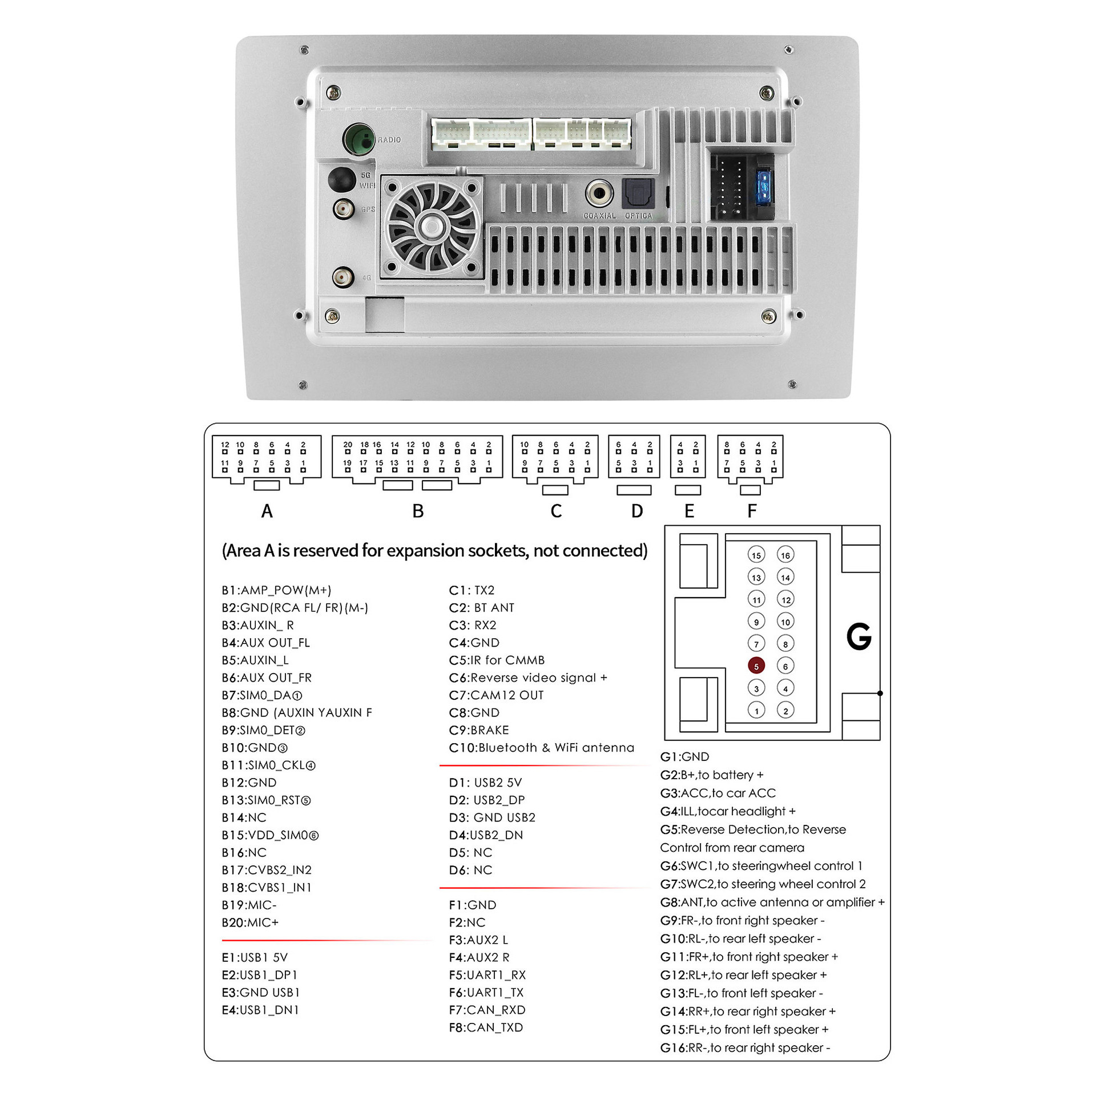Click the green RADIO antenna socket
pos(358,139)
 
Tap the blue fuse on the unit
pos(763,186)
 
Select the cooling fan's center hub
pos(432,227)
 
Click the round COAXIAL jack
pos(599,194)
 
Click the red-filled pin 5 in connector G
pos(756,666)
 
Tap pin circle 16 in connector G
pos(785,555)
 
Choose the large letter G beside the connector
pos(859,636)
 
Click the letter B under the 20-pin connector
pos(418,511)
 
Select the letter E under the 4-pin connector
pos(689,511)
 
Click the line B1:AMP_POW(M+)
pos(276,590)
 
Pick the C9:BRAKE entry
pos(478,730)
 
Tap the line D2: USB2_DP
pos(486,800)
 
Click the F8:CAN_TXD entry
pos(486,1027)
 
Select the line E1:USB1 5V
pos(255,957)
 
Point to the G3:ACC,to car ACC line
pos(718,793)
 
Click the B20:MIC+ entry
pos(250,922)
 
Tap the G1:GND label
pos(684,757)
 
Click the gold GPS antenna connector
pos(343,209)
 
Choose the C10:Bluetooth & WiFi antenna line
pos(541,748)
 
